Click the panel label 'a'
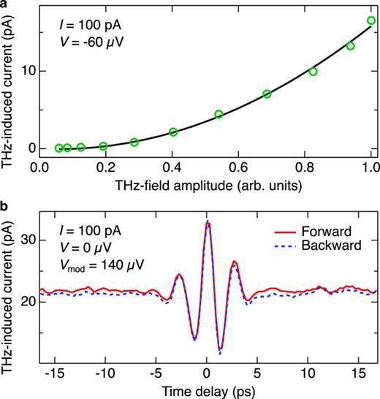click(5, 6)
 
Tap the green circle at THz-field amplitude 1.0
click(371, 20)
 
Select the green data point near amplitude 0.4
click(173, 132)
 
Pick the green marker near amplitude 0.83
click(313, 72)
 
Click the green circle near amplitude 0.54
click(218, 115)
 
